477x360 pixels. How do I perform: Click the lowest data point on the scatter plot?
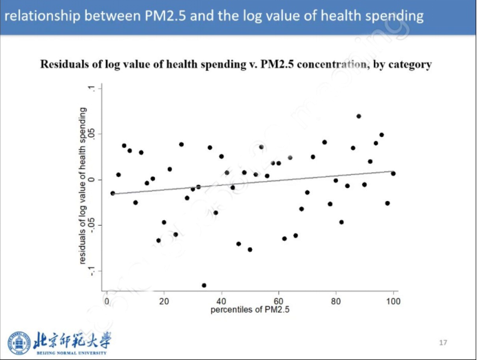[204, 285]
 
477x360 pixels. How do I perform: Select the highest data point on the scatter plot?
[359, 116]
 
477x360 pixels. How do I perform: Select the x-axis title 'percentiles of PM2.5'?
[251, 310]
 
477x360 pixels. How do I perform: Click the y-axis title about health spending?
[82, 186]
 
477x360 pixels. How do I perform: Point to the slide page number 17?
[443, 342]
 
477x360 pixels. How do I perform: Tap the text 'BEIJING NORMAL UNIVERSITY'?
[71, 353]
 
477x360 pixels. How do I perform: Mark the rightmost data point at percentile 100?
[393, 173]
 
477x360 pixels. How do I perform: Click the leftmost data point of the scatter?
[113, 193]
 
